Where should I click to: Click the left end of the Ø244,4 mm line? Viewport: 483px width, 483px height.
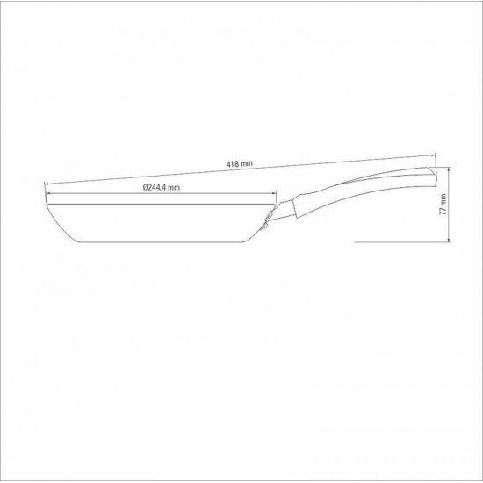(46, 195)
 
